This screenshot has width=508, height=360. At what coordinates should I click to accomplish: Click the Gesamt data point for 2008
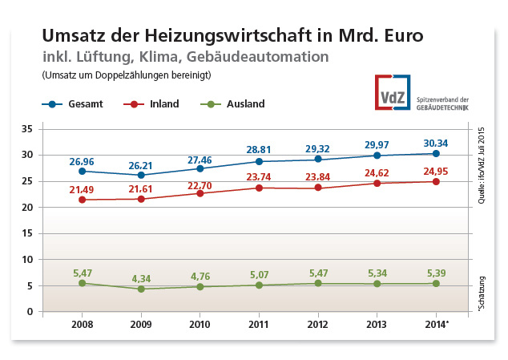(83, 171)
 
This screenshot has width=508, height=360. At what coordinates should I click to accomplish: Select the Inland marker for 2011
(260, 188)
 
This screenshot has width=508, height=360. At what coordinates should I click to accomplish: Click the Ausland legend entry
(234, 104)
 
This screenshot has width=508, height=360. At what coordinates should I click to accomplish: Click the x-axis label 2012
(319, 324)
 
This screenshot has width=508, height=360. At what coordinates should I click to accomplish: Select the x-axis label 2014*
(437, 324)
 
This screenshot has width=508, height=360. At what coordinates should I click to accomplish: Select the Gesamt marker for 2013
(377, 155)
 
